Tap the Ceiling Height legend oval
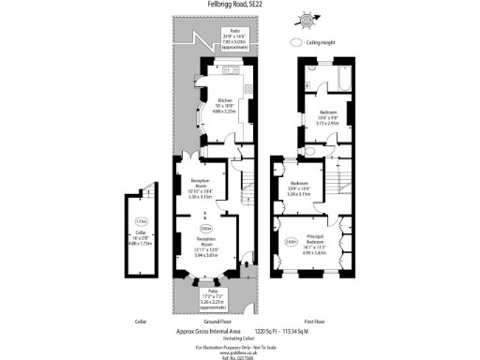pyautogui.click(x=297, y=42)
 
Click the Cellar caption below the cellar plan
pyautogui.click(x=141, y=321)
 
